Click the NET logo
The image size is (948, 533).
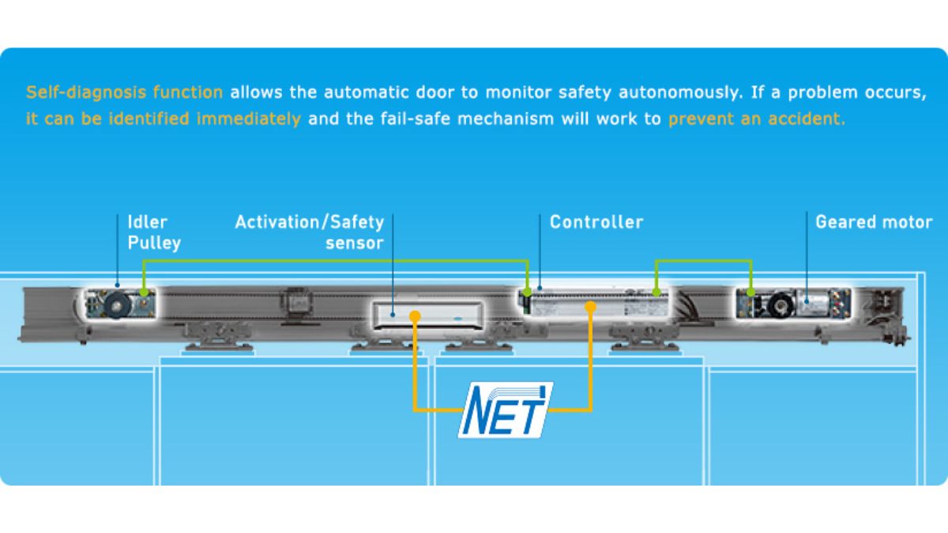pyautogui.click(x=506, y=410)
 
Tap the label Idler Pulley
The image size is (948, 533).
pyautogui.click(x=154, y=232)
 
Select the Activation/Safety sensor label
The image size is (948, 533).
pyautogui.click(x=310, y=232)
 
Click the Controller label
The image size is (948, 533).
pyautogui.click(x=596, y=222)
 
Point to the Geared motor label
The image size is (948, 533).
pyautogui.click(x=874, y=222)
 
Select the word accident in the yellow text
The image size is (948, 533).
pyautogui.click(x=807, y=119)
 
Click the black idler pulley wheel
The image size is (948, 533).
pyautogui.click(x=117, y=304)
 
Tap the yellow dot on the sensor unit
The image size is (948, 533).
pyautogui.click(x=416, y=316)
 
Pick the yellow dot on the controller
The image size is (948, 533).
pyautogui.click(x=590, y=307)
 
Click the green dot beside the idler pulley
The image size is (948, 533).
pyautogui.click(x=144, y=292)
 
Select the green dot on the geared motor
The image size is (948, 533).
pyautogui.click(x=750, y=292)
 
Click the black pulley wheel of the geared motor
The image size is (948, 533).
pyautogui.click(x=780, y=304)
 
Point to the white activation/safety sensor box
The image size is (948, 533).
pyautogui.click(x=427, y=316)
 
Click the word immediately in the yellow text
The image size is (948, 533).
pyautogui.click(x=249, y=119)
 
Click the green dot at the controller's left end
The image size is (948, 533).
pyautogui.click(x=528, y=292)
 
